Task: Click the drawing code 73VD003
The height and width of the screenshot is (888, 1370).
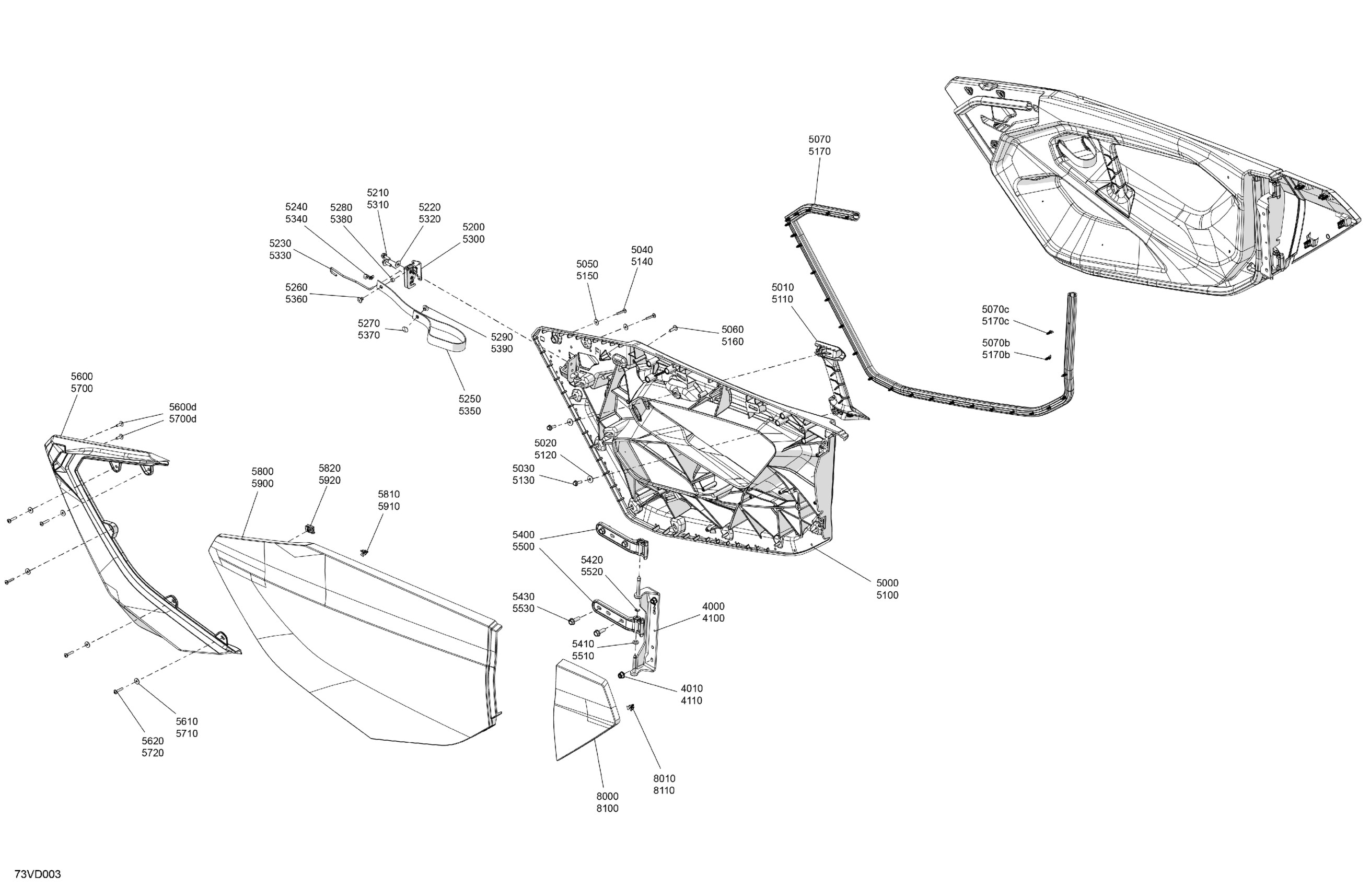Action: point(38,874)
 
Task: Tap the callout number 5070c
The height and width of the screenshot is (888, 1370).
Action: point(995,309)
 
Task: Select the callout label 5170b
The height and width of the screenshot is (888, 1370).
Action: point(996,355)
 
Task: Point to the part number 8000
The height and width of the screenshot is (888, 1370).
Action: point(607,797)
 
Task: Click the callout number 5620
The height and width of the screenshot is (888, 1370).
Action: point(153,741)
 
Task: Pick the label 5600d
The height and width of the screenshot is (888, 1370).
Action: point(182,407)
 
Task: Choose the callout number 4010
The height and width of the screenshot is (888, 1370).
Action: point(691,688)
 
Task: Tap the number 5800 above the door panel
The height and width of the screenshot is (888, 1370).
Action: point(262,472)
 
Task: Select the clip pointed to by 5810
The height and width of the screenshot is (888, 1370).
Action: point(364,553)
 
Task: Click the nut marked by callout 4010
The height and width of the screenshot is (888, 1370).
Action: point(621,674)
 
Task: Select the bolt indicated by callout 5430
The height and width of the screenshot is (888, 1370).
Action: point(573,621)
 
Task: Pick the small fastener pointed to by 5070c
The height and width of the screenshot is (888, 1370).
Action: point(1049,332)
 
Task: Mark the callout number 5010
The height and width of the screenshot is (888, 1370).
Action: point(782,287)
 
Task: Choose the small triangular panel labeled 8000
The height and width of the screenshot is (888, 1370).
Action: point(586,710)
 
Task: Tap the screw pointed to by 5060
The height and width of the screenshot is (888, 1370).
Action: point(674,329)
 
